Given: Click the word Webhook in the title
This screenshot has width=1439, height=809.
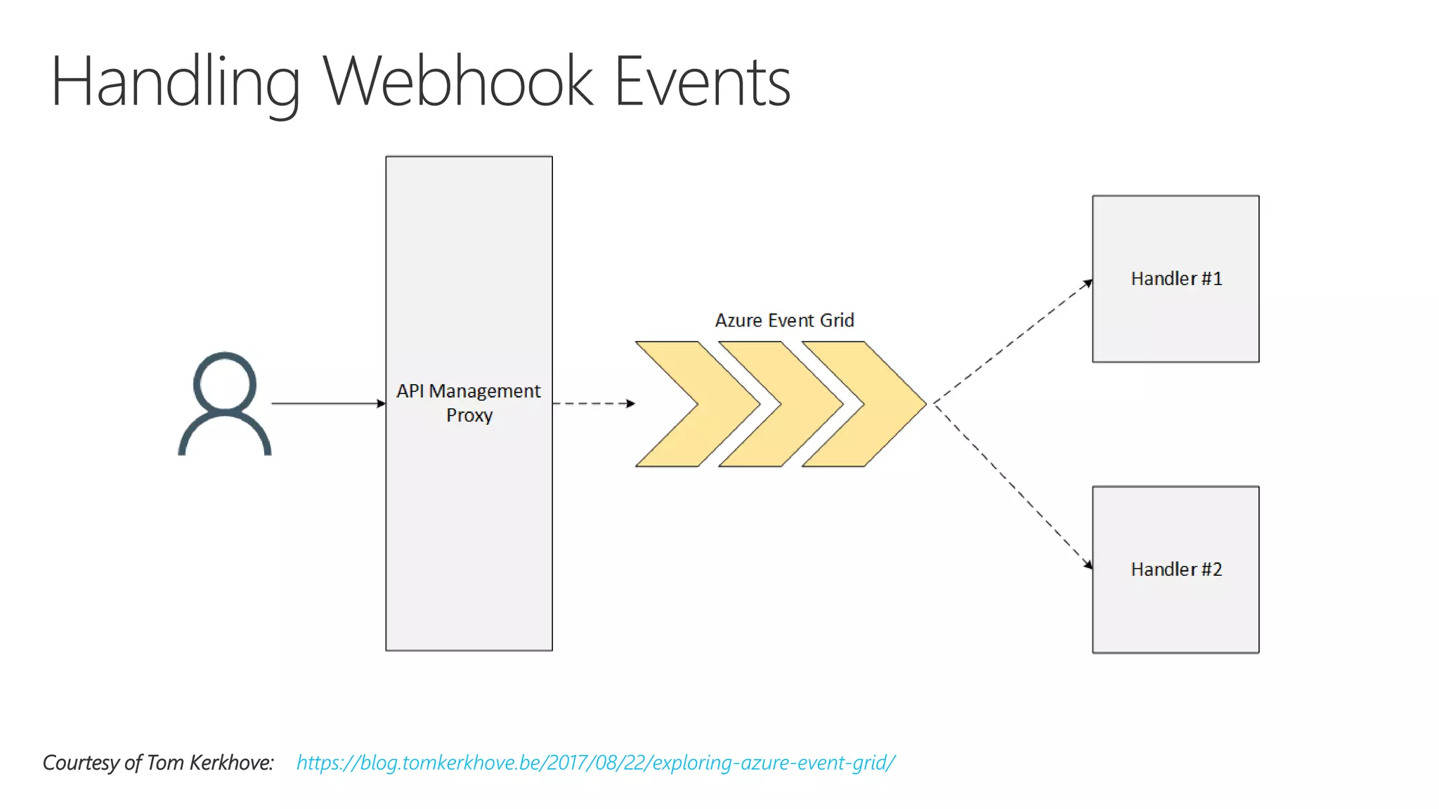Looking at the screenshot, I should coord(458,82).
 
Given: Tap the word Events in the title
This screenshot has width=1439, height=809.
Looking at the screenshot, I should coord(702,82).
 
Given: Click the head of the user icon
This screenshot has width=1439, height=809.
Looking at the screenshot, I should coord(225,383).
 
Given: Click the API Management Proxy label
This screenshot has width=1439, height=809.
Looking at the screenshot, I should coord(469,391).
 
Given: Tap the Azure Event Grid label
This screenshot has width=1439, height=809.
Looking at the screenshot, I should coord(784,320).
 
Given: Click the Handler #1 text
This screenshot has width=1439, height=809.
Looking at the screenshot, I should coord(1176,279).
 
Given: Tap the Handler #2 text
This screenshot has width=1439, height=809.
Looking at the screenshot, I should coord(1176,570).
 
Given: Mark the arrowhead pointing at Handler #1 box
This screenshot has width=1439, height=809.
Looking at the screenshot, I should coord(1088,283).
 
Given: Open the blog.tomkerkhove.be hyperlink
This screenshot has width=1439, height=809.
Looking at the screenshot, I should coord(595,763).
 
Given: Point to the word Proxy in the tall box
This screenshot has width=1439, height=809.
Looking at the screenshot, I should coord(469,415).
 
